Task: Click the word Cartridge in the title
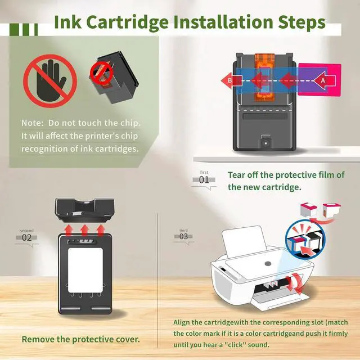point(128,22)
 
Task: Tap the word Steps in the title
point(301,22)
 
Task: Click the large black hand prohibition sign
point(50,81)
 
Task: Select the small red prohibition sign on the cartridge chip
point(101,73)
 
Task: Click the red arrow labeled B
point(231,80)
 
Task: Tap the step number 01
point(204,179)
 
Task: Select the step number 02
point(26,237)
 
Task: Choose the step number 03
point(183,236)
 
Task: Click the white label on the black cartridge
point(85,270)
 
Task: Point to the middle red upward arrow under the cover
point(85,230)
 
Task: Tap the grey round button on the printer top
point(268,264)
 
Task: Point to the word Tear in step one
point(236,175)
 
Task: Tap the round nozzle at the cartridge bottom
point(266,143)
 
